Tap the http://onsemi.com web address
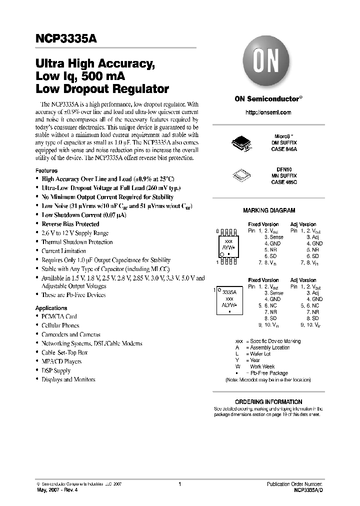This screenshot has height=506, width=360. (x=268, y=112)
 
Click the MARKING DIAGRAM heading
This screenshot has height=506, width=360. (x=268, y=211)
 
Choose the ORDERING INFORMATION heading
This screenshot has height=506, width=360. (x=268, y=401)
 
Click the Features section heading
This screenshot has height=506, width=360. (x=46, y=170)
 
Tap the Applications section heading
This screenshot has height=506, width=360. (x=51, y=308)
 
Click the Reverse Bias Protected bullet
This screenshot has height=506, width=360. (x=70, y=224)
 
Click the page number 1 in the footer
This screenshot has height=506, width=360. (x=179, y=484)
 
